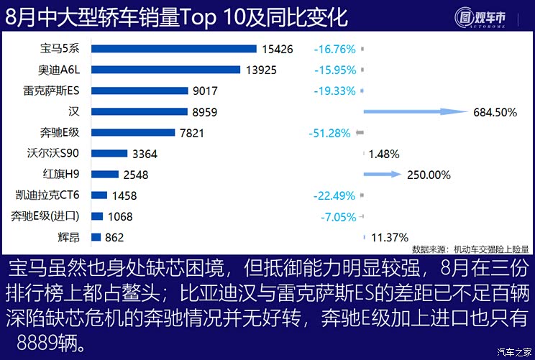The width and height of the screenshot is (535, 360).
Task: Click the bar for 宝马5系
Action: pos(173,49)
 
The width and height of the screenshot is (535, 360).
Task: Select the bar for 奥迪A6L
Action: pos(165,70)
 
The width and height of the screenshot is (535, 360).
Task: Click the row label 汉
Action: pos(73,111)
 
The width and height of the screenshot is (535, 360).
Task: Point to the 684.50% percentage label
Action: pos(496,112)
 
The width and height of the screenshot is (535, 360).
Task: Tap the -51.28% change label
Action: pos(331,133)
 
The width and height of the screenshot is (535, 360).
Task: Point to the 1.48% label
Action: pos(383,154)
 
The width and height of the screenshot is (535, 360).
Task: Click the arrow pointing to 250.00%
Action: pos(382,174)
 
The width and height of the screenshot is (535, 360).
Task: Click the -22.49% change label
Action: pos(334,195)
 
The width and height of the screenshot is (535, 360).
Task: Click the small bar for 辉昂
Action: pos(96,237)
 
